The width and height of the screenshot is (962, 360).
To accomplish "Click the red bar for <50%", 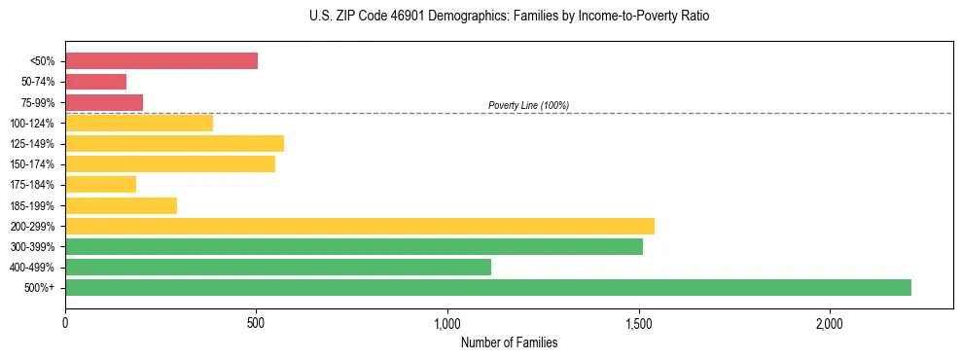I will click(x=161, y=61).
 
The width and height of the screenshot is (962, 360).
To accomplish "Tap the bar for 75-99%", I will click(x=104, y=102).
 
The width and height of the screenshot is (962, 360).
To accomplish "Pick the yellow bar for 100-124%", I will click(x=139, y=123).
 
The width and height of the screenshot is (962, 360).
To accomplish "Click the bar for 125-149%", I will click(x=174, y=143).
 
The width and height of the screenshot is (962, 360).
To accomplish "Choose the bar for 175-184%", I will click(x=100, y=184).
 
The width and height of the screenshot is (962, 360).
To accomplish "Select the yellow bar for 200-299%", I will click(x=360, y=226).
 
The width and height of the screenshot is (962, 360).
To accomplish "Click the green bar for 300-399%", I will click(x=354, y=246).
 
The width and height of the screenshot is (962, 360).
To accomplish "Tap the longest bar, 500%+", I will click(x=488, y=287).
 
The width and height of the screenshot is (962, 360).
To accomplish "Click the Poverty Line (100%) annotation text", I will click(x=528, y=105).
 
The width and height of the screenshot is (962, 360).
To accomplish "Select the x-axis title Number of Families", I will click(x=509, y=342).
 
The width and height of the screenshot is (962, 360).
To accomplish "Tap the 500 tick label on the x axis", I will click(x=256, y=322).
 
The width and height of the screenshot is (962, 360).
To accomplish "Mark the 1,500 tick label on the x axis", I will click(x=638, y=322).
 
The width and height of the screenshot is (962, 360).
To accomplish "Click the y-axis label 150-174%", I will click(x=32, y=164).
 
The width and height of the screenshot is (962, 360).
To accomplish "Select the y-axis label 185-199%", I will click(x=32, y=205).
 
